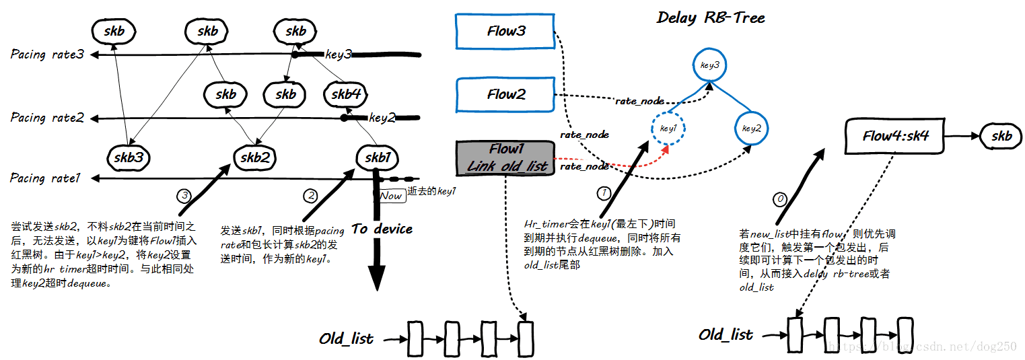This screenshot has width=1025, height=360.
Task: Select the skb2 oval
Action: coord(255,157)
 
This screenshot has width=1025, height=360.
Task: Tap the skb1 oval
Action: coord(377,157)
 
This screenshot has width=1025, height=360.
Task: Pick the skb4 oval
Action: coord(346,94)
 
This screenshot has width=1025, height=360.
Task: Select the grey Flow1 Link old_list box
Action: coord(505,158)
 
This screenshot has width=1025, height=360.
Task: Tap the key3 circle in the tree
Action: coord(710,65)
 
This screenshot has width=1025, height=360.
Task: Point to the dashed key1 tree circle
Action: coord(668,128)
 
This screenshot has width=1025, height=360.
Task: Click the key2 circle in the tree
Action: coord(752,128)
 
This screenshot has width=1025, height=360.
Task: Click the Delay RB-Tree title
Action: coord(711,17)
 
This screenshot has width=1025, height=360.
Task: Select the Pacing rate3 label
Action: coord(47,54)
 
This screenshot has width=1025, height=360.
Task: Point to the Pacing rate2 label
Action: coord(47,118)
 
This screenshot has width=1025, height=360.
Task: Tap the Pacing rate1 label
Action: coord(45,178)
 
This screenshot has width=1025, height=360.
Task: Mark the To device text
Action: coord(382,229)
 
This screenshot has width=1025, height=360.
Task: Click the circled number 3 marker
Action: coord(184,195)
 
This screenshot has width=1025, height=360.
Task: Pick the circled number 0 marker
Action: coord(780,199)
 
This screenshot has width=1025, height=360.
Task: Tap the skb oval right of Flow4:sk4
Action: coord(1001,136)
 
